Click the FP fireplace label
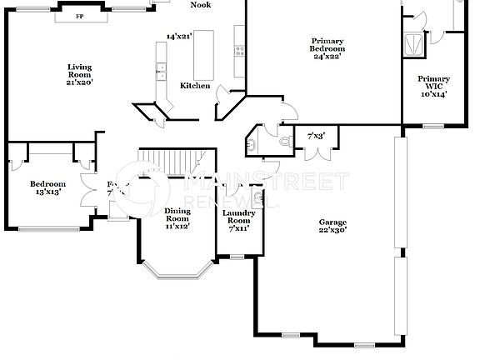(x=81, y=16)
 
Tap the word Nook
(x=200, y=5)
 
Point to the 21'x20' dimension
(x=80, y=82)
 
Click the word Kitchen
(x=196, y=86)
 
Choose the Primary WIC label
(x=432, y=83)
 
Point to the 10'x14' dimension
(x=432, y=94)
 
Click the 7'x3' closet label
(x=316, y=135)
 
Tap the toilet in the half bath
(x=285, y=142)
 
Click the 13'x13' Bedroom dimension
(x=47, y=193)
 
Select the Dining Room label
(x=177, y=215)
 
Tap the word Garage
(x=332, y=222)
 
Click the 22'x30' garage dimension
(x=332, y=232)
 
